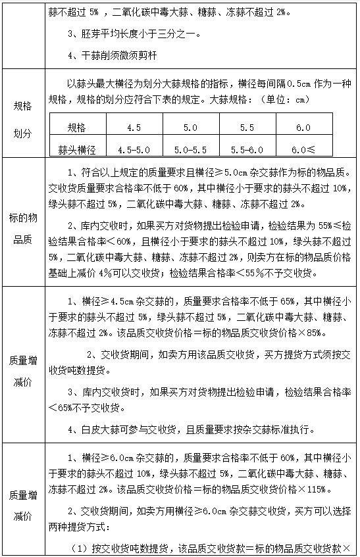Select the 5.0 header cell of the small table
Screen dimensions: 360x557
190,128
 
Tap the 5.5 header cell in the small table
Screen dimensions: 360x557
247,128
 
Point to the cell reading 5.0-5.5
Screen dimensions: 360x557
190,149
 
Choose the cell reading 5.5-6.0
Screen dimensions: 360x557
247,149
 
